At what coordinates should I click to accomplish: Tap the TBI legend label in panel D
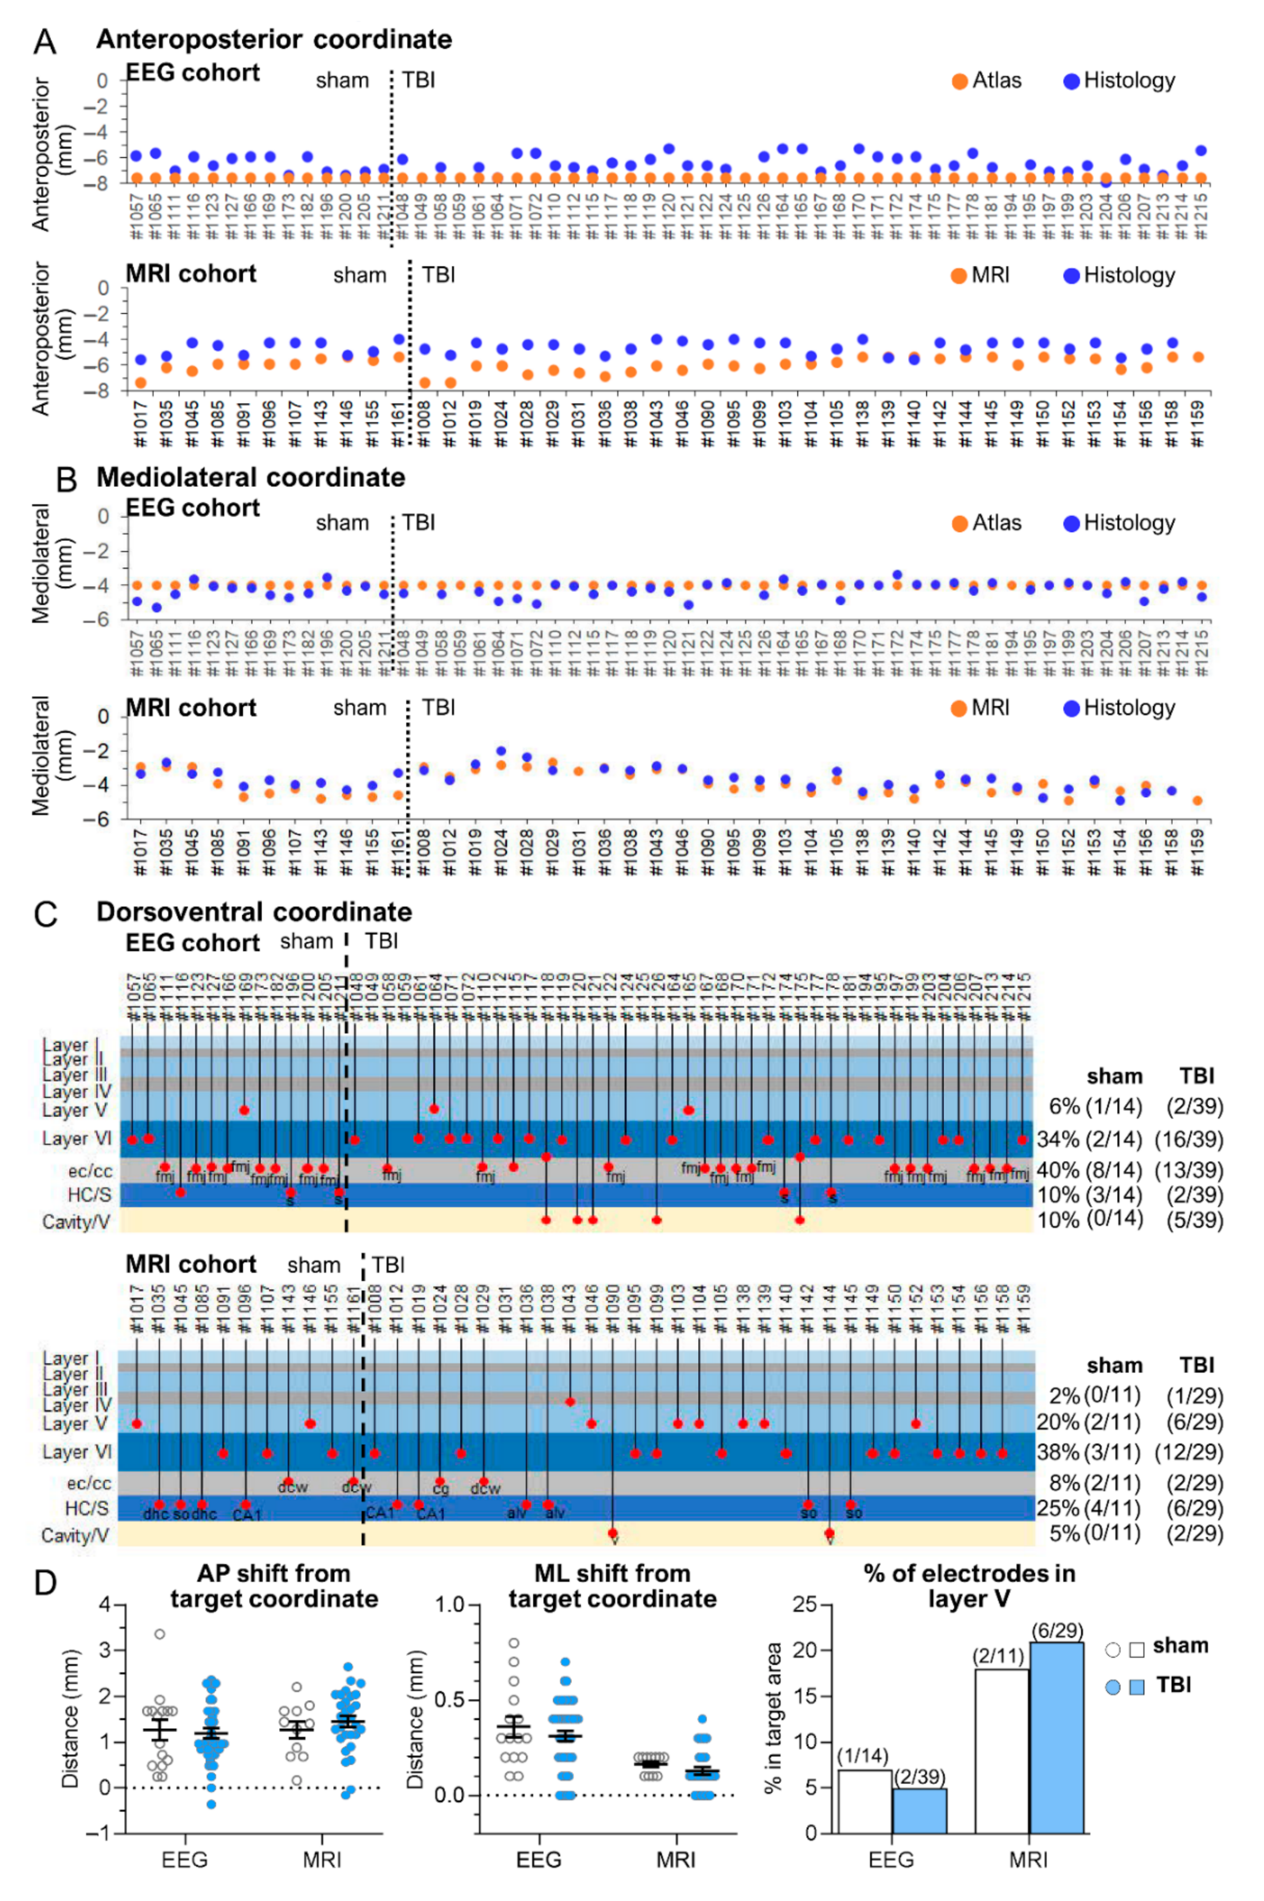1174,1685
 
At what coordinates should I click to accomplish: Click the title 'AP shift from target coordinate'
274,1585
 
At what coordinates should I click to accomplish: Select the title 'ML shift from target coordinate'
612,1585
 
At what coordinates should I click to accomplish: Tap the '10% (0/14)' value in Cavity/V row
1090,1219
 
